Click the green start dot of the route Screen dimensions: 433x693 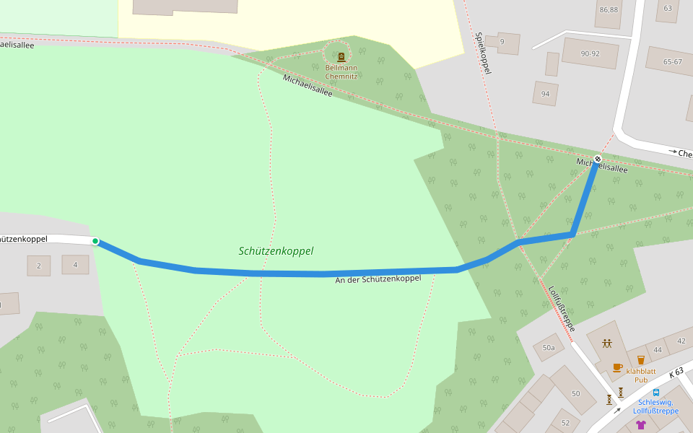pyautogui.click(x=95, y=241)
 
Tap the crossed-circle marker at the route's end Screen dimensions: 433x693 pyautogui.click(x=598, y=159)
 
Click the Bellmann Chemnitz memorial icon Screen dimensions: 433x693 pyautogui.click(x=341, y=56)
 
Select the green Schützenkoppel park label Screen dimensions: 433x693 pyautogui.click(x=276, y=251)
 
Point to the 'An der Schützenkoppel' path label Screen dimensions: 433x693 pyautogui.click(x=378, y=279)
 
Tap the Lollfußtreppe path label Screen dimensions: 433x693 pyautogui.click(x=562, y=307)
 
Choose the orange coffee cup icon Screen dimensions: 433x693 pyautogui.click(x=617, y=367)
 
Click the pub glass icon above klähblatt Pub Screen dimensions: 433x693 pyautogui.click(x=640, y=359)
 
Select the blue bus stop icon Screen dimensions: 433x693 pyautogui.click(x=655, y=393)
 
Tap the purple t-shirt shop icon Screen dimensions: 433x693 pyautogui.click(x=640, y=425)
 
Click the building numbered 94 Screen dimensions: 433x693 pyautogui.click(x=545, y=94)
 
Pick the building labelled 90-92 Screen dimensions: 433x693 pyautogui.click(x=590, y=53)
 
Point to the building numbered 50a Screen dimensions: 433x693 pyautogui.click(x=549, y=348)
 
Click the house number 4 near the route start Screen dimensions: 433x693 pyautogui.click(x=75, y=265)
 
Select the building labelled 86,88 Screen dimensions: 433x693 pyautogui.click(x=609, y=10)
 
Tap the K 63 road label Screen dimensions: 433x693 pyautogui.click(x=676, y=372)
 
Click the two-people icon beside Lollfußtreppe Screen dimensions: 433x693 pyautogui.click(x=607, y=344)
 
